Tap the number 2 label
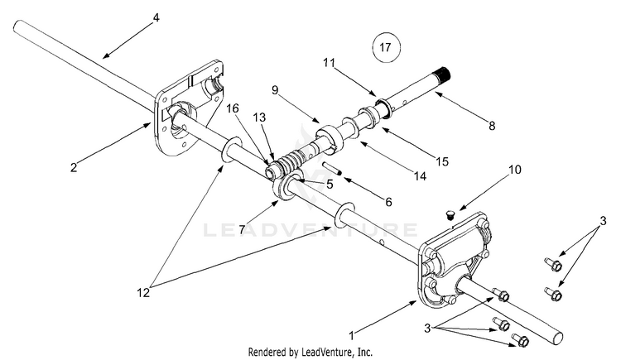click(x=74, y=167)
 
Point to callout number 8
click(x=492, y=126)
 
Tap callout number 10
click(x=514, y=170)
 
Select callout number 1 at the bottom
click(x=352, y=336)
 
